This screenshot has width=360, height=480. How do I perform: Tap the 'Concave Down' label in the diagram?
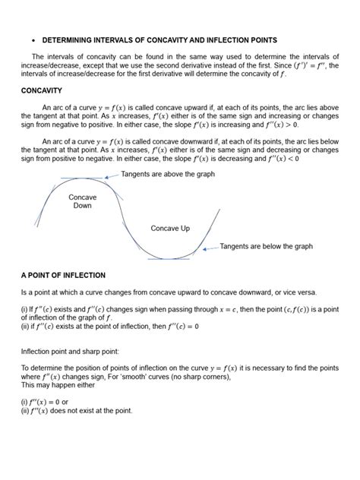pos(82,201)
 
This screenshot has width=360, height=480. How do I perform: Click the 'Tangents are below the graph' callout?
pos(266,246)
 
